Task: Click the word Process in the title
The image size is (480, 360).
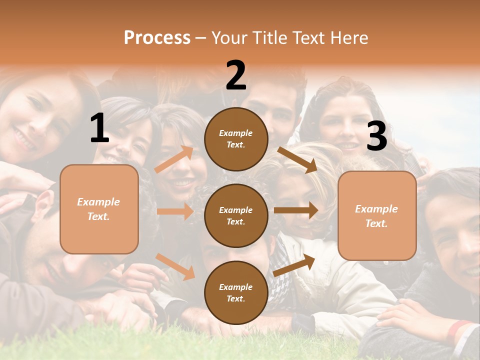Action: [157, 38]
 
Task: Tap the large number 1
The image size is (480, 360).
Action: [99, 128]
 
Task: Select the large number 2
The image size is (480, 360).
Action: [236, 76]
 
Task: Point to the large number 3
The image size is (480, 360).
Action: [376, 136]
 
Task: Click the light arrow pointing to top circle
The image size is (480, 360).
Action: [174, 159]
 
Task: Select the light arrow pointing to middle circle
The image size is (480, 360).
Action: [175, 211]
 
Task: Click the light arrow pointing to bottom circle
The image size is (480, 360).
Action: [175, 266]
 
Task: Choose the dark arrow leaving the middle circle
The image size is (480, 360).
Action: [295, 210]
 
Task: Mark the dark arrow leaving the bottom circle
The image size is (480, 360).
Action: [294, 265]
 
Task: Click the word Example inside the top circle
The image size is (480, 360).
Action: [236, 133]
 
